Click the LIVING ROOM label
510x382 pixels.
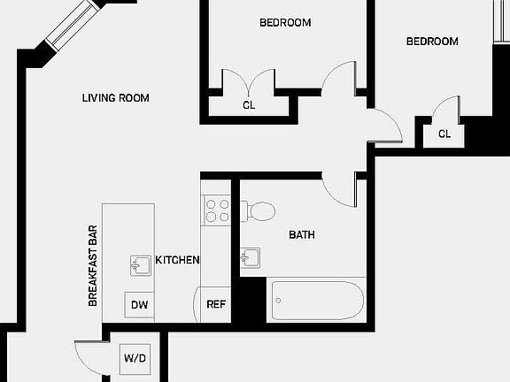(115, 98)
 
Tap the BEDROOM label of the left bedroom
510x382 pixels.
(284, 23)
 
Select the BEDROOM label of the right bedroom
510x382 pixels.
(432, 42)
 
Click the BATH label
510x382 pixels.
(302, 235)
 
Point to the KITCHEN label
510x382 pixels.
(177, 260)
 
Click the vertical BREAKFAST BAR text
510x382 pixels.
(92, 264)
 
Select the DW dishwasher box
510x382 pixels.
(139, 306)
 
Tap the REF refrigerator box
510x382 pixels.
(216, 305)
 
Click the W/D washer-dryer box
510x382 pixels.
(135, 359)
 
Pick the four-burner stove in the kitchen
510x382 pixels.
(217, 210)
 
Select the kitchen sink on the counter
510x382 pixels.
(141, 264)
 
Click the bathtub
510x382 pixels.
(316, 301)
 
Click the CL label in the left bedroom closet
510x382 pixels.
(250, 105)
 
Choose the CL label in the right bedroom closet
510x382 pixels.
(444, 134)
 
